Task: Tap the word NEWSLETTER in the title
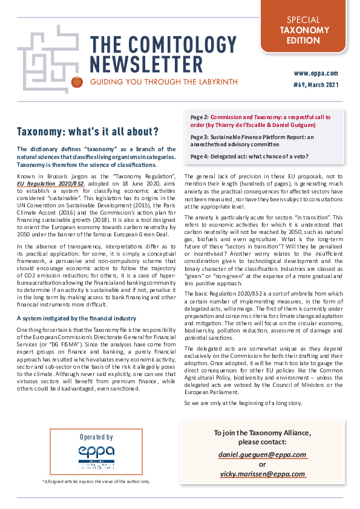coord(146,65)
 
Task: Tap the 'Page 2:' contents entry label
coord(199,115)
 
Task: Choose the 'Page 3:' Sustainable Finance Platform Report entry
coord(199,137)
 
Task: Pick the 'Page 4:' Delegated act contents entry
coord(199,157)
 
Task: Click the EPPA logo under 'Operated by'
coord(96,456)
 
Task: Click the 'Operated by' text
coord(96,436)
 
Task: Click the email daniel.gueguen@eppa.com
coord(262,455)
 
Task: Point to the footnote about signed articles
coord(96,481)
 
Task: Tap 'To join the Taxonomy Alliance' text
coord(263,433)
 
